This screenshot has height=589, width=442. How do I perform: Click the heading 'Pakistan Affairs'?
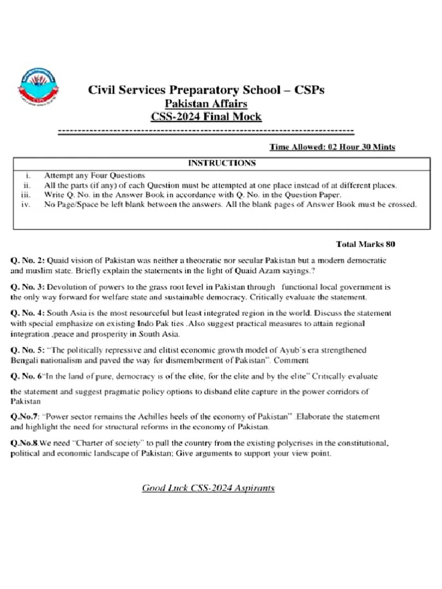click(x=206, y=104)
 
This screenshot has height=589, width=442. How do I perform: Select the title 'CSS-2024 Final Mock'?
click(x=206, y=117)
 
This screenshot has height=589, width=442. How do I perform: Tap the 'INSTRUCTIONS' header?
click(x=222, y=163)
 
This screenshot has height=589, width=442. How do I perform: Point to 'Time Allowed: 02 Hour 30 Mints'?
click(x=332, y=147)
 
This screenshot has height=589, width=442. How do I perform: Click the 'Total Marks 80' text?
click(x=365, y=244)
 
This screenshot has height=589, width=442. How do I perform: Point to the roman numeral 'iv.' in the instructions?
click(x=25, y=204)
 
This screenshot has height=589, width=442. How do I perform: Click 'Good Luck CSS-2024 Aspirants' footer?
click(x=208, y=488)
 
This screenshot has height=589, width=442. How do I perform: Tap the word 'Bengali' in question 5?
click(x=25, y=360)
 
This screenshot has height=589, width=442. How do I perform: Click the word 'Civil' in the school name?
click(x=101, y=90)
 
